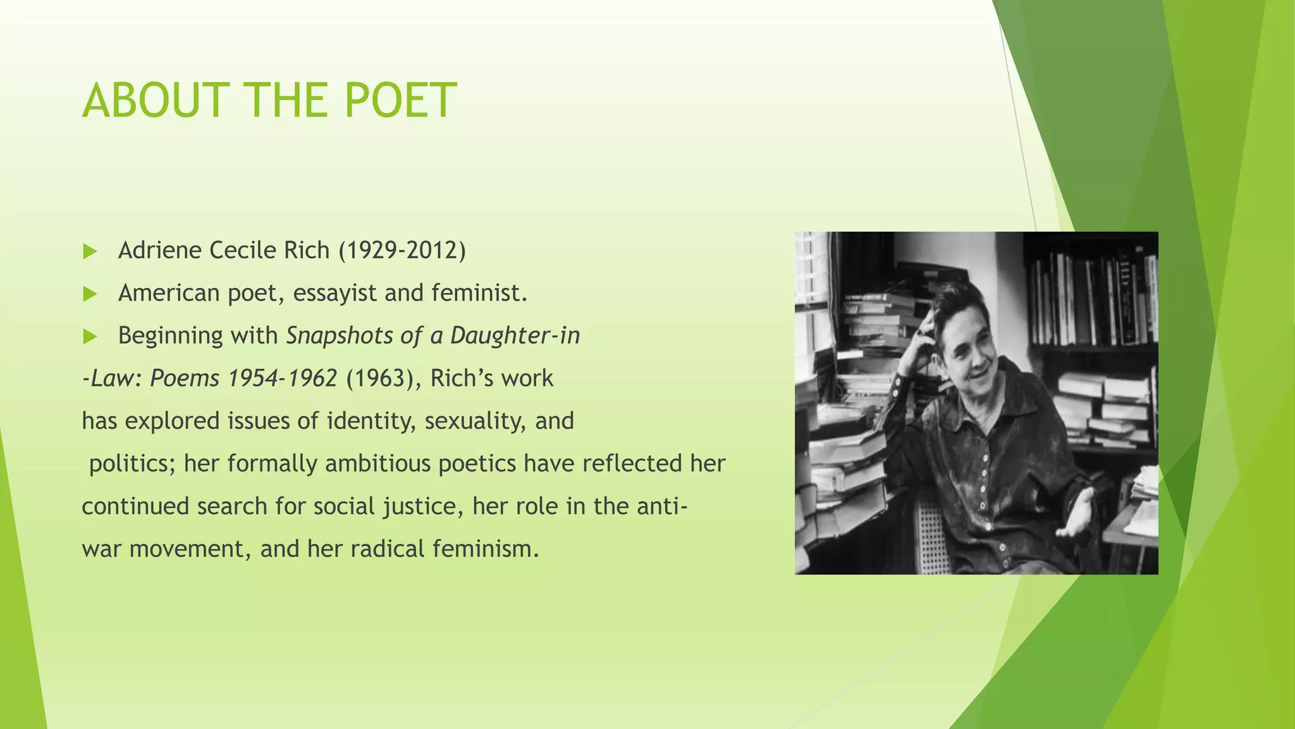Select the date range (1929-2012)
[402, 251]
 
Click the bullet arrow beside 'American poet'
[90, 294]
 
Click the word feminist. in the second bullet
[479, 293]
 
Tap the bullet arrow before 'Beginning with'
[90, 336]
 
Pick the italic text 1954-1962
[282, 378]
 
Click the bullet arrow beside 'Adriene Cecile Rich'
[90, 251]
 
